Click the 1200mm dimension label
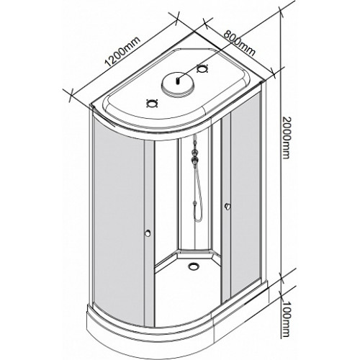(122, 51)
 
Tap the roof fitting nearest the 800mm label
(202, 68)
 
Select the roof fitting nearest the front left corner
(152, 104)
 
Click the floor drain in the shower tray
(193, 266)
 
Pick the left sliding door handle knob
(148, 233)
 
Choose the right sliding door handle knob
(227, 206)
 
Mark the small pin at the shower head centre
(178, 81)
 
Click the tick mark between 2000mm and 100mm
(282, 279)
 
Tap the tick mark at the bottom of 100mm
(281, 337)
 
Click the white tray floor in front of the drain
(187, 295)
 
